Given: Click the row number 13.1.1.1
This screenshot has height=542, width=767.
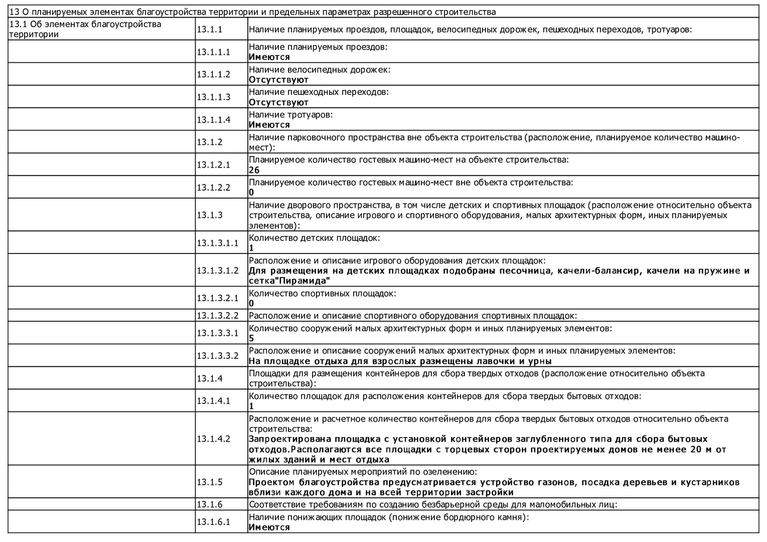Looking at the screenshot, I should (x=213, y=52).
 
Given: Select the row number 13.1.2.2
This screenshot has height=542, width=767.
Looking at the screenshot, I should (x=213, y=187).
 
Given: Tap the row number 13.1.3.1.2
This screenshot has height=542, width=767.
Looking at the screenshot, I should (x=218, y=270).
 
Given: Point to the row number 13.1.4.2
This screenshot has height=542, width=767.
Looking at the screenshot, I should (x=213, y=439).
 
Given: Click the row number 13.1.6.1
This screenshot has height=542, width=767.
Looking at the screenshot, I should (x=213, y=522).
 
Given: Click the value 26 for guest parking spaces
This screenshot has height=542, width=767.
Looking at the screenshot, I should (x=254, y=170).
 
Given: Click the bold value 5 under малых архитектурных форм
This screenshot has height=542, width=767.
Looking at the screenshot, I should (x=251, y=338).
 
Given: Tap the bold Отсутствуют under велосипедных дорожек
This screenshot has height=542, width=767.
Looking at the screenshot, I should (x=278, y=80).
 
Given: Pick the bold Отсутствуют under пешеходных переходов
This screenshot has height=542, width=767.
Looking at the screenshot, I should (x=278, y=102).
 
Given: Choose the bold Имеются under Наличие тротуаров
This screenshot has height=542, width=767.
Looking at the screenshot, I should (x=269, y=125).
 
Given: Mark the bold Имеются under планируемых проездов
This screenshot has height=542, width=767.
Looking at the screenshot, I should (x=269, y=57).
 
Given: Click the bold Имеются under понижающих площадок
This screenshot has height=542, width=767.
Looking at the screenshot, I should (x=269, y=527).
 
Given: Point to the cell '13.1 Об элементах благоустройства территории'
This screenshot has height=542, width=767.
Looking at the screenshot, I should (x=85, y=29).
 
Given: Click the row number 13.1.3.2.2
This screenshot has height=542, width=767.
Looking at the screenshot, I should (x=218, y=316).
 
